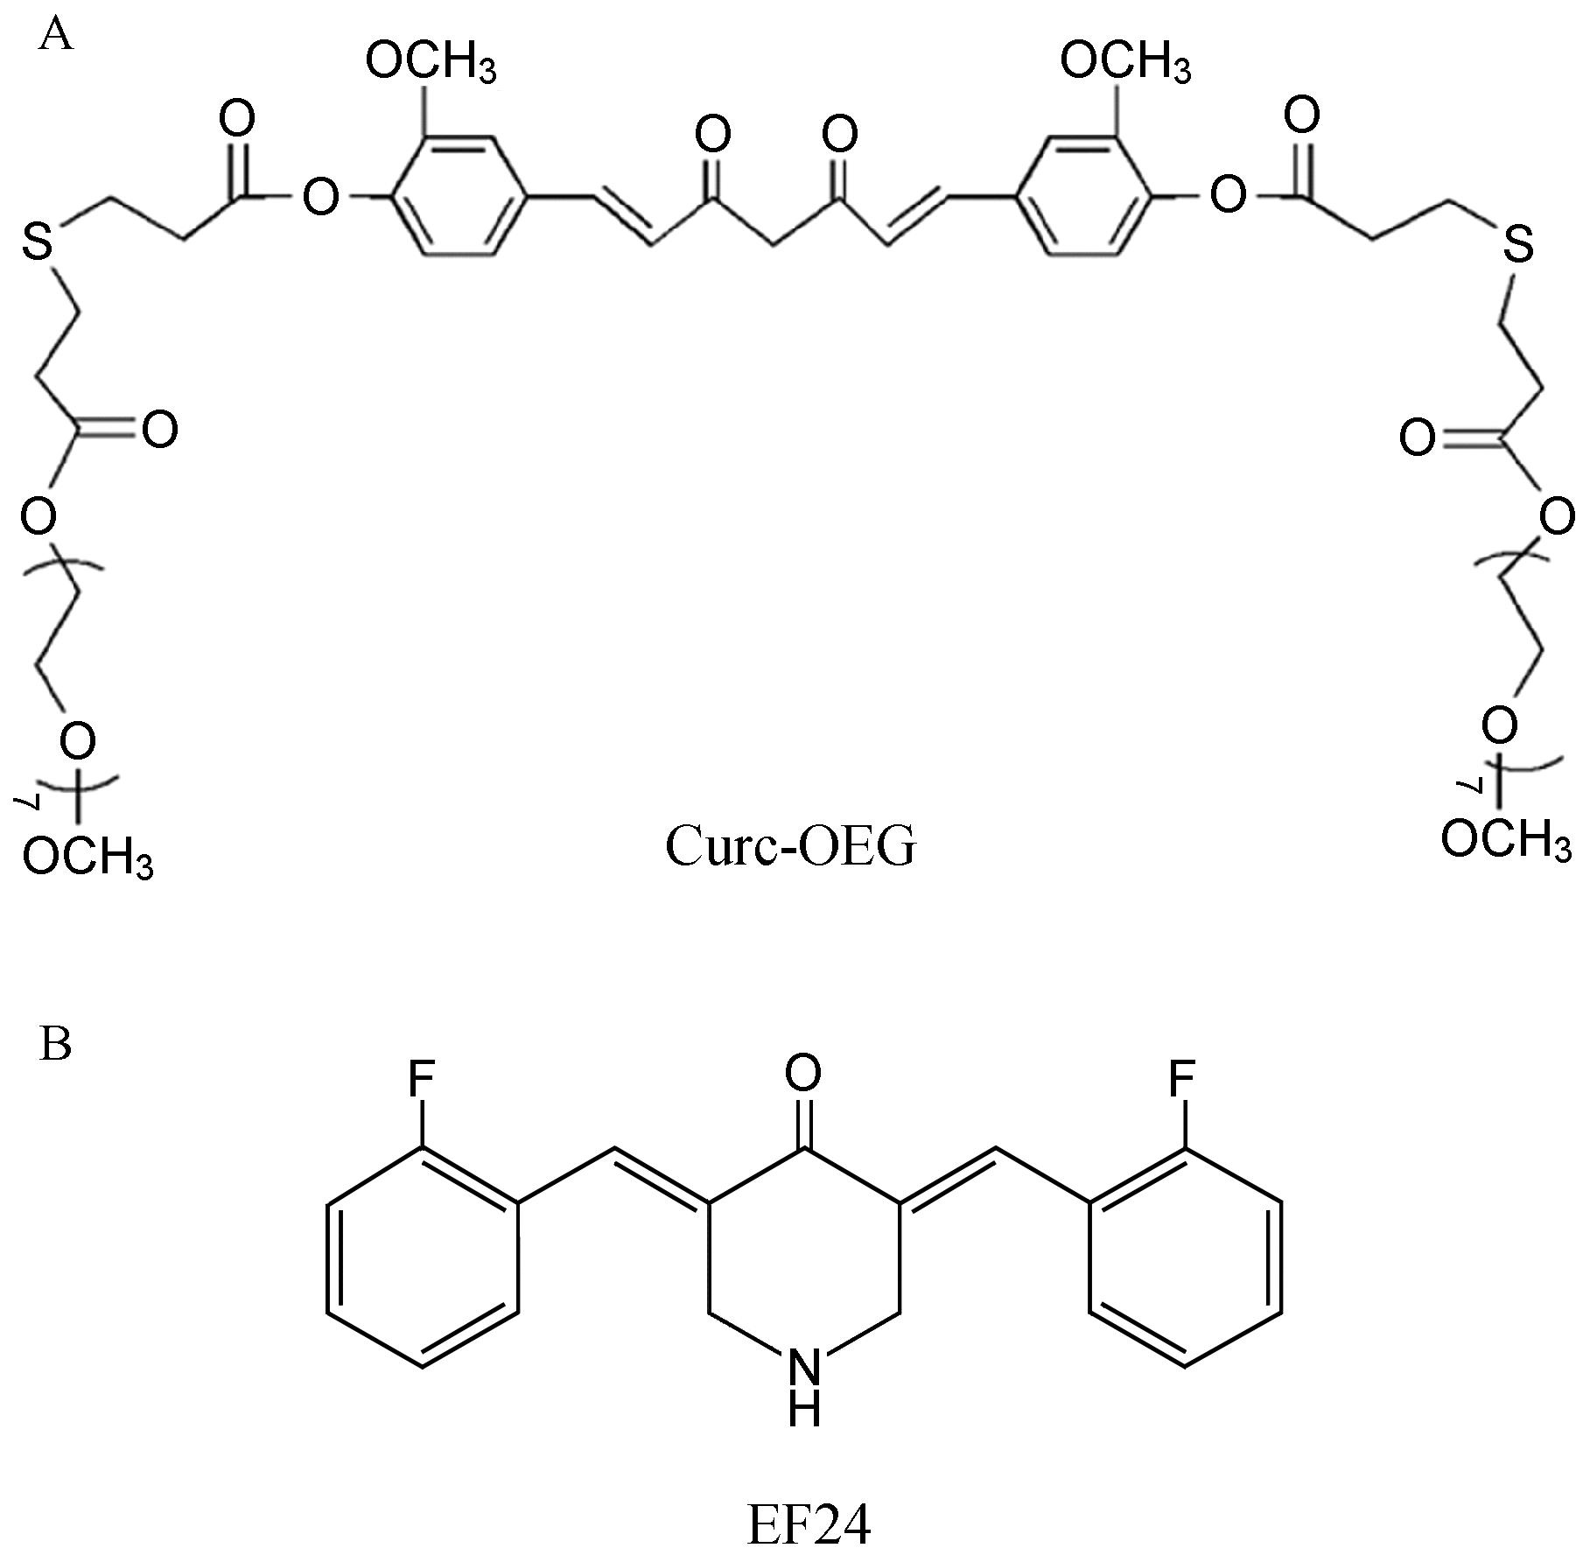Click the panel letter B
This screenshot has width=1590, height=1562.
point(55,1043)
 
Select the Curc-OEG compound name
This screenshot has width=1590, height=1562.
point(789,846)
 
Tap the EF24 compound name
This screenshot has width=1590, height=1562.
point(809,1525)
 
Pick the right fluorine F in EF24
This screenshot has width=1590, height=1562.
point(1182,1082)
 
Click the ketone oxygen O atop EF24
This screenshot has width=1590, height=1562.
point(803,1071)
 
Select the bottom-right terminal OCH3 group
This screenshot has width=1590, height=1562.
point(1505,840)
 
